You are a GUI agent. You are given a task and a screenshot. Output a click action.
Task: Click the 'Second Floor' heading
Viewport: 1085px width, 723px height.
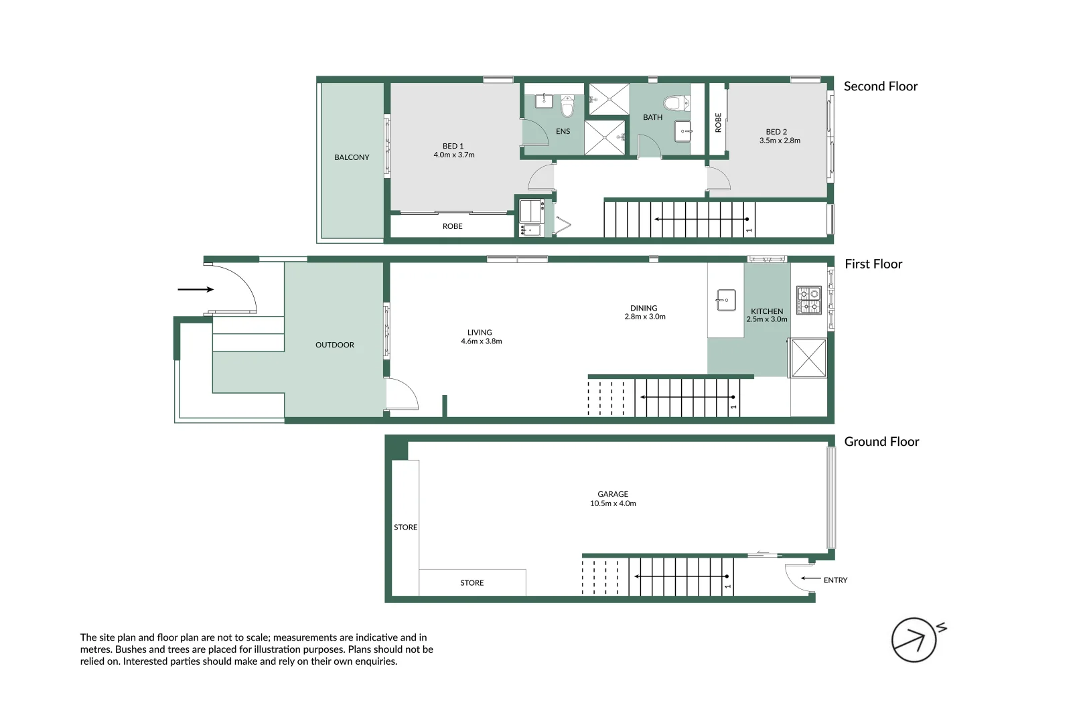[x=880, y=86]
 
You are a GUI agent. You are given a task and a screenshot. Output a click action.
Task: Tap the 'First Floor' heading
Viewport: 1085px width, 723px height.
[x=873, y=264]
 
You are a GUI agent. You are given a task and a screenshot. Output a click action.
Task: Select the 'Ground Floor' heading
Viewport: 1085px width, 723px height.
[x=881, y=441]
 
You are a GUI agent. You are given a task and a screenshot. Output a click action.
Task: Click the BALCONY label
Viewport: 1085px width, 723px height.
[x=352, y=157]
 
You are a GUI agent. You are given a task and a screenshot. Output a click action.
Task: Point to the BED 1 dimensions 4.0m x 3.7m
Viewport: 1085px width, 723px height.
[x=454, y=155]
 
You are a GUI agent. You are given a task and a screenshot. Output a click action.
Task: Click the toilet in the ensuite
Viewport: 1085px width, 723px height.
[x=567, y=106]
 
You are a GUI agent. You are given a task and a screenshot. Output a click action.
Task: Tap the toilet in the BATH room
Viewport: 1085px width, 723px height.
[x=676, y=103]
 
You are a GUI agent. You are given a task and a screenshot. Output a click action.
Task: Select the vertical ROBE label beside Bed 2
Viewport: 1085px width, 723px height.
[x=718, y=123]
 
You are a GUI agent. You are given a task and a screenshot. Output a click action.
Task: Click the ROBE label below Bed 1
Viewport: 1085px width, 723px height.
[x=453, y=226]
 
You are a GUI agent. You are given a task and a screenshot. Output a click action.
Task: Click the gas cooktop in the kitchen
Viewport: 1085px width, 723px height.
[x=808, y=300]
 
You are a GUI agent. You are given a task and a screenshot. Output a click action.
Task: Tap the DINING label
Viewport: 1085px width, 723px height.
[x=644, y=309]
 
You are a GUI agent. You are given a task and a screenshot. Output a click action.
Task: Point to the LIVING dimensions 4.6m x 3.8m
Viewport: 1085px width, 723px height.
[x=481, y=341]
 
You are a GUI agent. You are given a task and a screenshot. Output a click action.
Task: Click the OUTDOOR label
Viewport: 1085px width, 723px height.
[x=335, y=345]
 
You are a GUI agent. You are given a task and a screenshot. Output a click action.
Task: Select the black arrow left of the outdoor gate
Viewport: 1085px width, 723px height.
[x=196, y=289]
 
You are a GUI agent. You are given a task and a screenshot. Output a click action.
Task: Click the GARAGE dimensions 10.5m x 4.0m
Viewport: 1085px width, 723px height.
[x=613, y=503]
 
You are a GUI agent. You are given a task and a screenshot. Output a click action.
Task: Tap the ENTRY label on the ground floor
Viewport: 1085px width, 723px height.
[x=835, y=580]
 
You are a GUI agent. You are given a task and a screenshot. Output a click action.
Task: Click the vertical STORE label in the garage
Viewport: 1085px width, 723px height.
[x=405, y=528]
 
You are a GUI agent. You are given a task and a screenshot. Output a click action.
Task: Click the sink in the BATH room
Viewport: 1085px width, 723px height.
[x=683, y=131]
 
